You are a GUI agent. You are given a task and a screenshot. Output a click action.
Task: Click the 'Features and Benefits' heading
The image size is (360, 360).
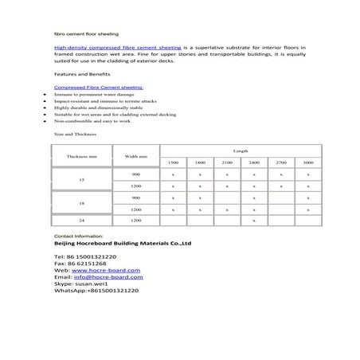[73, 73]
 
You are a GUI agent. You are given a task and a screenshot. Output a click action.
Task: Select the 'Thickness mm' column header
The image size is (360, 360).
[82, 157]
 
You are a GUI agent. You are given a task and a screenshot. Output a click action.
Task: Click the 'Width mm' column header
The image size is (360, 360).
[135, 157]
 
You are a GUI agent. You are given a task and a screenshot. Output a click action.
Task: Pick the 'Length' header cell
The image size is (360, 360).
[241, 151]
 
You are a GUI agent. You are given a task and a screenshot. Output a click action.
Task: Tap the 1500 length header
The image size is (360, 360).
[173, 162]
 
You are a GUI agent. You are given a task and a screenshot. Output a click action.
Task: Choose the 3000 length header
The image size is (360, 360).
[307, 162]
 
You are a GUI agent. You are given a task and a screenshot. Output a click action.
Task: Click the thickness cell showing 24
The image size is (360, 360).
[82, 219]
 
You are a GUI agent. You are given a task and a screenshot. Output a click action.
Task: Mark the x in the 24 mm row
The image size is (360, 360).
[253, 219]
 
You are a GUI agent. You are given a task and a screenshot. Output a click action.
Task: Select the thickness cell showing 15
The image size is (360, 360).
[82, 180]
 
